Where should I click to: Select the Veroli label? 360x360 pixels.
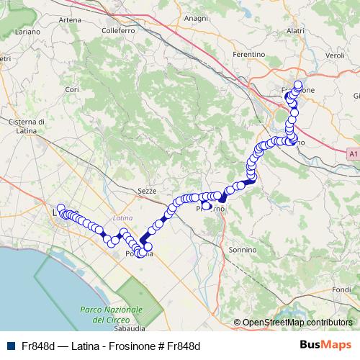coord(336,55)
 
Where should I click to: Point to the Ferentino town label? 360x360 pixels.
coord(250,54)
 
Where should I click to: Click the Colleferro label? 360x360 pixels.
coord(119,31)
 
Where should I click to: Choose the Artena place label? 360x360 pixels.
coord(70,19)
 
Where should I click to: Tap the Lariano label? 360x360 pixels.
coord(27,32)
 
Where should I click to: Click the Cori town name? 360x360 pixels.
coord(71,89)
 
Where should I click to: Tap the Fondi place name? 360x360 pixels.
coord(342,289)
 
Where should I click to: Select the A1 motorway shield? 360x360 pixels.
coord(351,153)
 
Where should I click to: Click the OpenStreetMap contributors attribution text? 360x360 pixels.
coord(297,323)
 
